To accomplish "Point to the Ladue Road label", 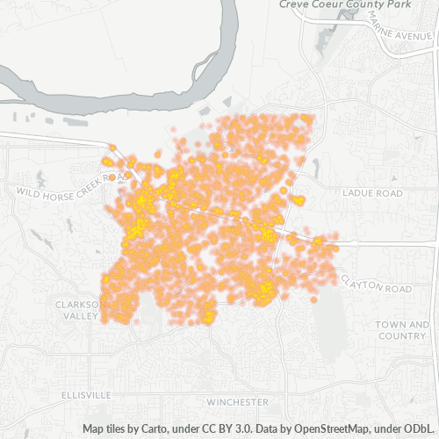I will click(373, 192).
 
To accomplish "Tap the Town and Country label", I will click(401, 330).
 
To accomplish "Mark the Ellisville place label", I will click(88, 395).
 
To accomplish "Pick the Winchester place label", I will click(240, 401).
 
